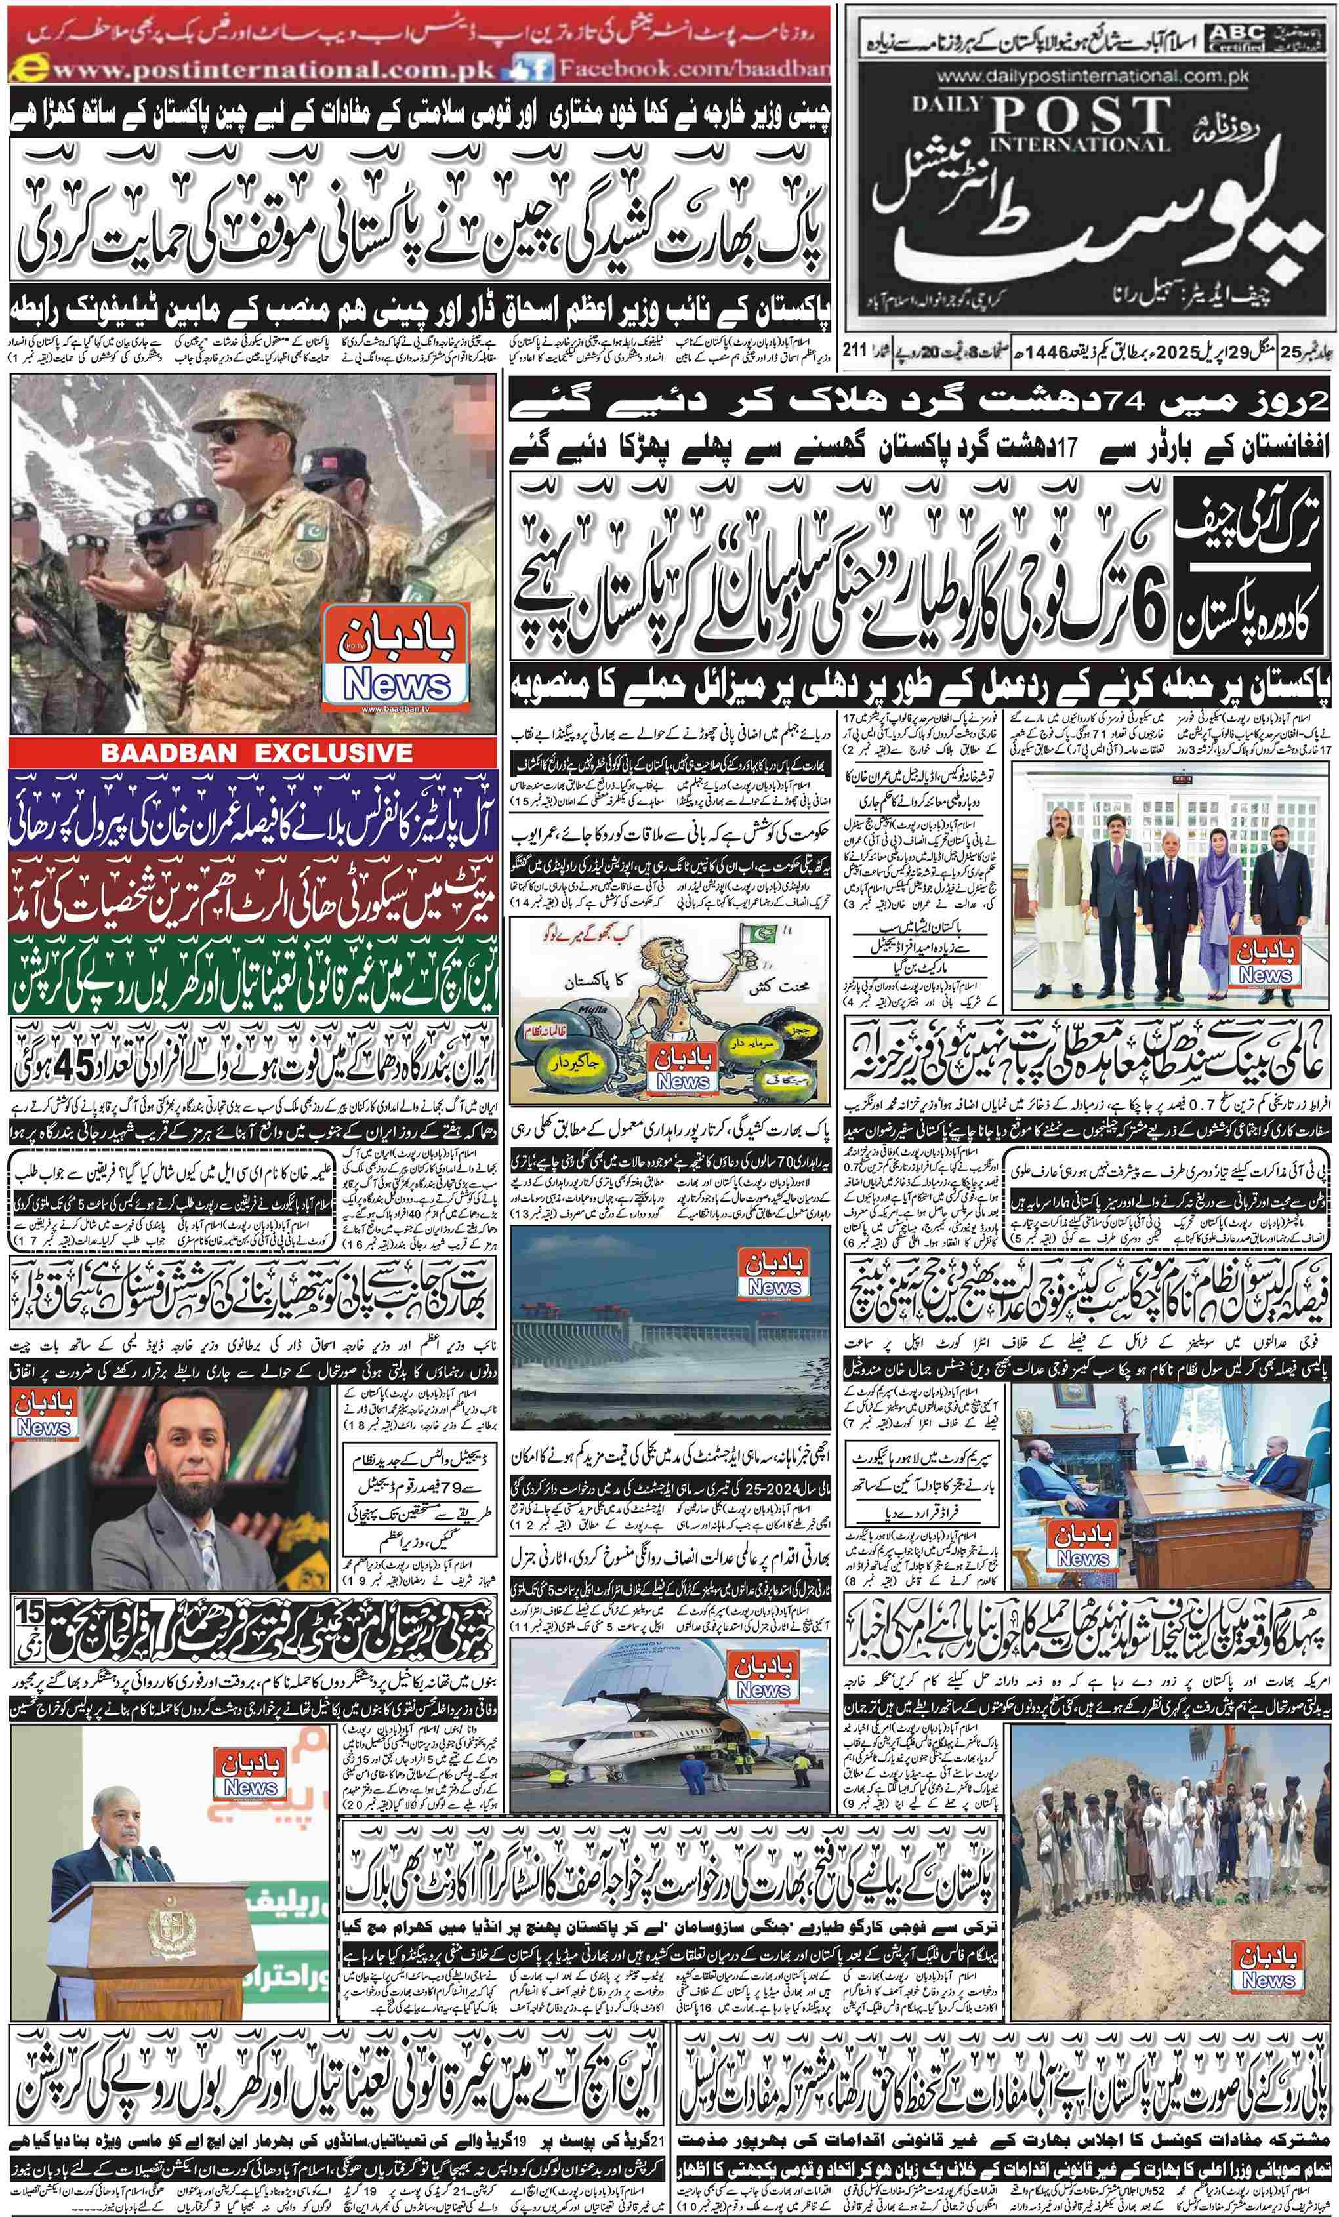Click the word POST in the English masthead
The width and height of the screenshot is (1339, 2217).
[1082, 115]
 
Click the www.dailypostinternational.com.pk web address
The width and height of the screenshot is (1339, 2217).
[1087, 77]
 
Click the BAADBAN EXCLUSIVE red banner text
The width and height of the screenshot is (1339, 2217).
[256, 753]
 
